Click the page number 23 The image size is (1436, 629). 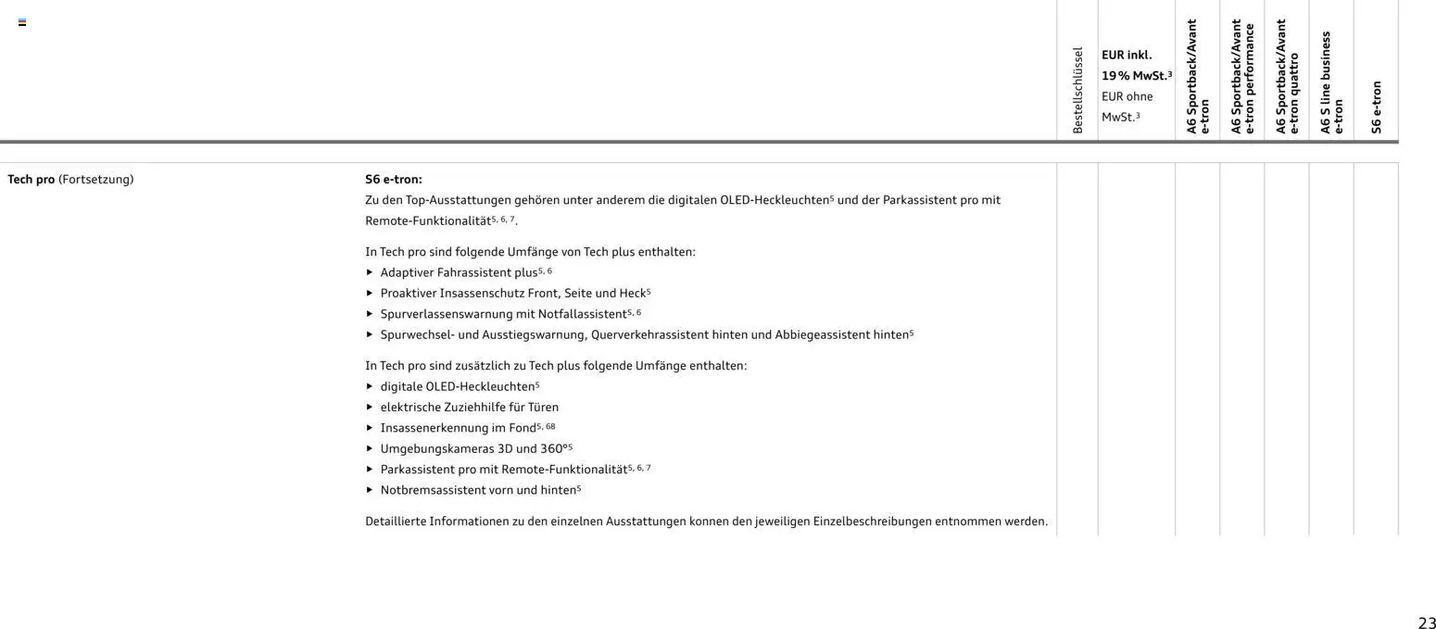[x=1426, y=623]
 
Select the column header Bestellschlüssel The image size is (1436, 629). [x=1077, y=90]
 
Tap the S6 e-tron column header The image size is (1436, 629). [x=1376, y=107]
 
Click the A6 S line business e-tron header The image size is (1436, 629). [x=1331, y=83]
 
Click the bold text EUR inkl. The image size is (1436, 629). [x=1127, y=55]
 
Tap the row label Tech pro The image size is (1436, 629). [x=31, y=179]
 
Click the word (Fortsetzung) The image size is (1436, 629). [x=95, y=179]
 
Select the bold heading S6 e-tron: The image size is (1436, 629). [x=394, y=179]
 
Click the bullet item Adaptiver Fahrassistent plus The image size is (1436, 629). [x=459, y=272]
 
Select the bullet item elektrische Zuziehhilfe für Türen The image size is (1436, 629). [x=469, y=407]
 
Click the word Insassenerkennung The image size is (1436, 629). [x=434, y=428]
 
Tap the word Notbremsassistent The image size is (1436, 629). [x=433, y=490]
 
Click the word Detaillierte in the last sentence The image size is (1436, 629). [x=396, y=522]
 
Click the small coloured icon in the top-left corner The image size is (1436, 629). [x=22, y=22]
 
